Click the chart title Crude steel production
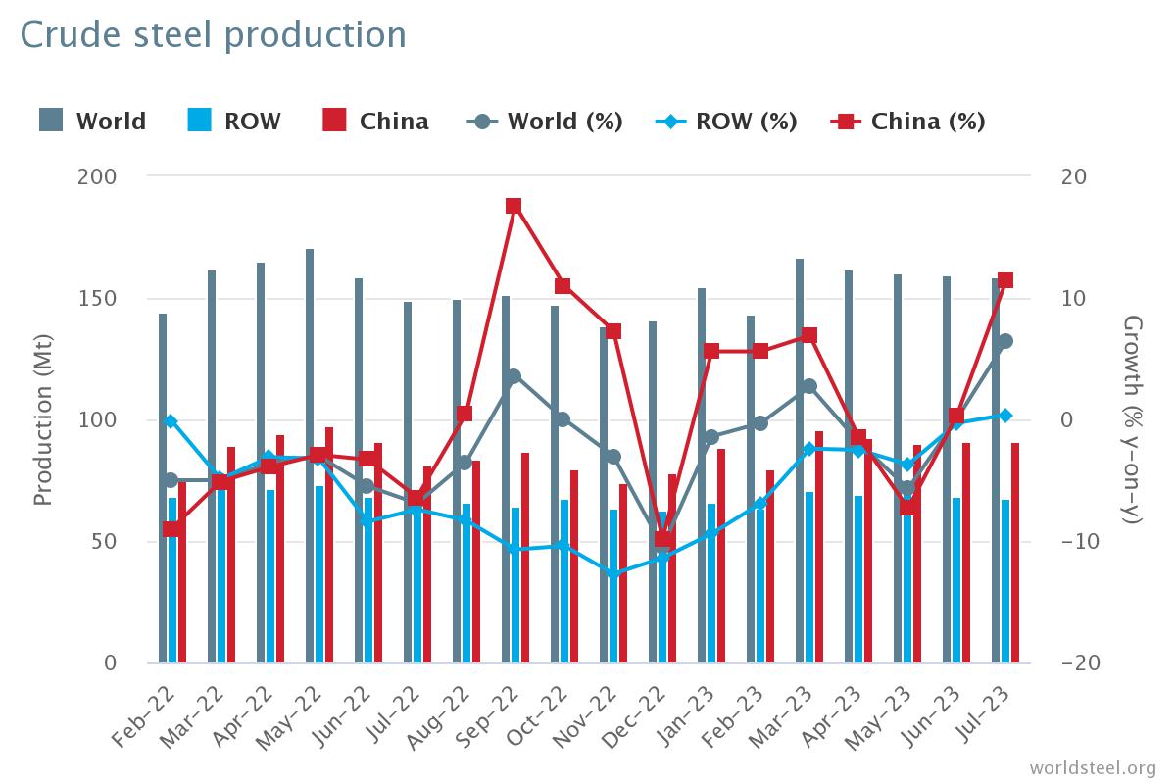213,35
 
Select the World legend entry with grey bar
93,122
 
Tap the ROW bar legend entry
234,122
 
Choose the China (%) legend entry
907,122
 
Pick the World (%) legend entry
545,122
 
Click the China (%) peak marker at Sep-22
514,206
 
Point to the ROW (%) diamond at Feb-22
171,421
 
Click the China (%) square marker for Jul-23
1004,280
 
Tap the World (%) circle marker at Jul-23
1004,341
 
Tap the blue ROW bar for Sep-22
515,585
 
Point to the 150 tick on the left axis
129,299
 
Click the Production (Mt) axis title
42,419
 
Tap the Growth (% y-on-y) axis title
1132,419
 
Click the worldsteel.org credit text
1092,767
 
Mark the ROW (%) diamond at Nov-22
613,574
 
